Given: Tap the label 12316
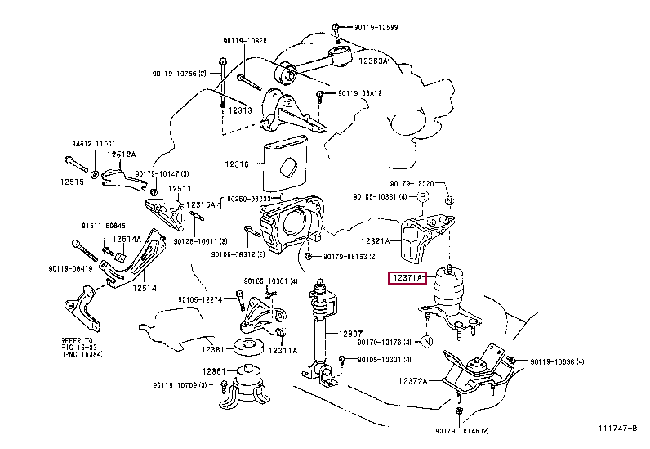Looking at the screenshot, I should pos(238,164).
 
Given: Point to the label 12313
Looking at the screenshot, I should pos(240,110).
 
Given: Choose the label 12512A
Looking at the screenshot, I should pos(123,153).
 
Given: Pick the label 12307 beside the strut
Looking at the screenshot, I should pos(351,333).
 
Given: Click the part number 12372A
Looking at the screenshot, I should pos(416,381).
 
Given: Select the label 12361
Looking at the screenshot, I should pos(215,371).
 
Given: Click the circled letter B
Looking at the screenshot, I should pos(423,196).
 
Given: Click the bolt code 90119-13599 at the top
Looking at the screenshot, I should pos(377,27).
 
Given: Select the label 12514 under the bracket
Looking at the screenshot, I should pos(145,288).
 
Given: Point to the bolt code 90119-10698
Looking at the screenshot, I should pos(563,361).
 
